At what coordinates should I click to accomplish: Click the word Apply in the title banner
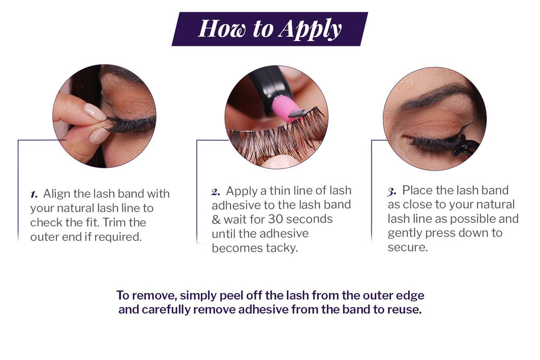[310, 30]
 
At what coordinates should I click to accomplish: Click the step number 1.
[33, 194]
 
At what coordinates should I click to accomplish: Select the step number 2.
[216, 192]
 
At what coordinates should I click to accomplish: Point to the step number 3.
[392, 192]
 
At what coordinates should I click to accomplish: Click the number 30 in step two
[275, 219]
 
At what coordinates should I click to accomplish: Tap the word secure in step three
[408, 247]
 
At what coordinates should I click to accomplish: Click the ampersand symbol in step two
[216, 219]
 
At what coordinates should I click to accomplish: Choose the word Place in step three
[417, 190]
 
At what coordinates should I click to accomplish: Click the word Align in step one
[57, 194]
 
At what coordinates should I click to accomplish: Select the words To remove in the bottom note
[146, 296]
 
